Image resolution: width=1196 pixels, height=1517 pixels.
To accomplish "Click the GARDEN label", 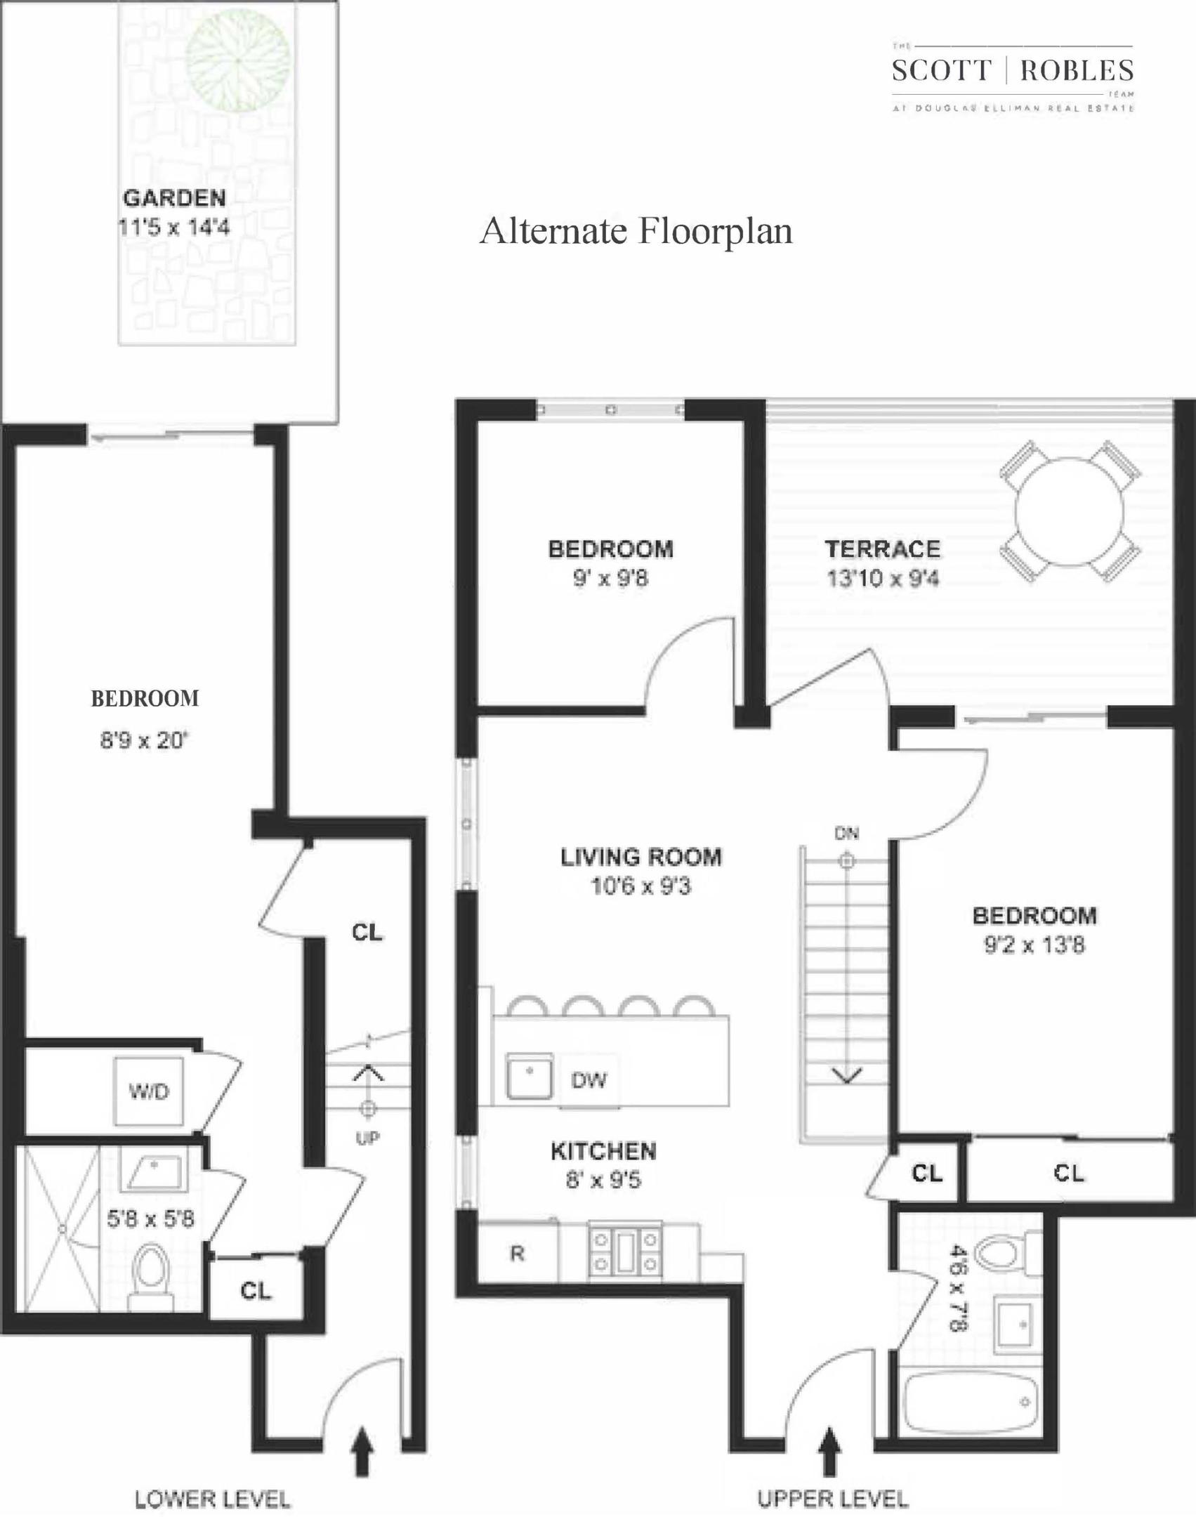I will coord(174,198).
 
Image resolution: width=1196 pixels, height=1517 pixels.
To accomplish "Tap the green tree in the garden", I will coord(239,62).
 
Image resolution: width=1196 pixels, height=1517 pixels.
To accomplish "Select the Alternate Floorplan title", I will coord(636,231).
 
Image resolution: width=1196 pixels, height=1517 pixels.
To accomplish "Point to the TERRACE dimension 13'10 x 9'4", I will coord(882,579).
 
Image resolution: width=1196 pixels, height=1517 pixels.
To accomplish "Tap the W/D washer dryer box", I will coord(148,1091).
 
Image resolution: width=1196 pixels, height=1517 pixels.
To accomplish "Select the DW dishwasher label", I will coord(589,1080).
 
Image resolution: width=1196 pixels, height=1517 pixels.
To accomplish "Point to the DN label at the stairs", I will coord(847,834).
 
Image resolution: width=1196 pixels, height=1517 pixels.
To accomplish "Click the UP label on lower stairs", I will coord(367,1138).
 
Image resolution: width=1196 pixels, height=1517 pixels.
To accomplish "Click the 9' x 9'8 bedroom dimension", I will coord(610,579).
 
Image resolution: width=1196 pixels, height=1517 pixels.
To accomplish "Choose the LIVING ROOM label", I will coord(640,857).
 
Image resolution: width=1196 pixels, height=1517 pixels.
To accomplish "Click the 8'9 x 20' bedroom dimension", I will coord(145,740).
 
